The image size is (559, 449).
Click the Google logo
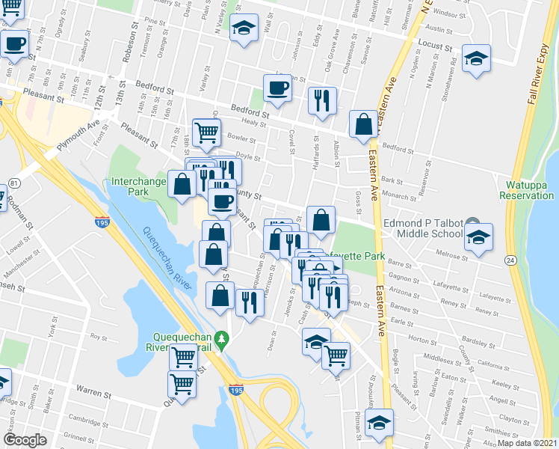click(x=25, y=440)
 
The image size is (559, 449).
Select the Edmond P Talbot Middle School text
click(x=423, y=227)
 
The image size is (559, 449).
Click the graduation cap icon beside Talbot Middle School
click(x=478, y=238)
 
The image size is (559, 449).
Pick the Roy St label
click(x=96, y=337)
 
